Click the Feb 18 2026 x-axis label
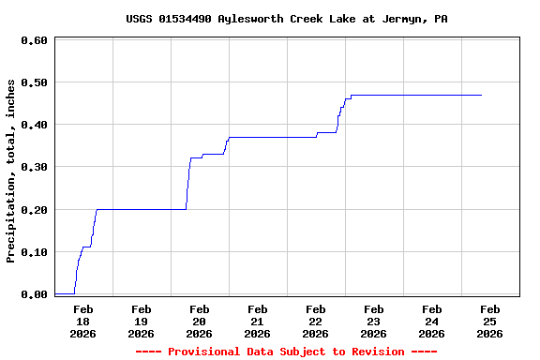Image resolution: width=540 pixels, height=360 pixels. tap(82, 321)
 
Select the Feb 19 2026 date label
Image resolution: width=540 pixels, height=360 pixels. tap(141, 321)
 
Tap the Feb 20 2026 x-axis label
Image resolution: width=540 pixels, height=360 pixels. tap(199, 321)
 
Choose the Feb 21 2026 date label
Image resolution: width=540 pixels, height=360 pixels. tap(257, 321)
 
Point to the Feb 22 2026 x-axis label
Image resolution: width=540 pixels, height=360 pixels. tap(315, 321)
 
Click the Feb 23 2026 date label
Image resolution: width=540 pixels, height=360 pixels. tap(373, 321)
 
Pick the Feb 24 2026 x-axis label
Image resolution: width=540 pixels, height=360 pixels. tap(431, 321)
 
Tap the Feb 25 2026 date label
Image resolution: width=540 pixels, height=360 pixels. tap(489, 321)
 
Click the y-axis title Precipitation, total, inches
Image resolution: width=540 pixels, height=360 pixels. tap(11, 171)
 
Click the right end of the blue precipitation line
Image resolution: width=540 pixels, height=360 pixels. tap(481, 95)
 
